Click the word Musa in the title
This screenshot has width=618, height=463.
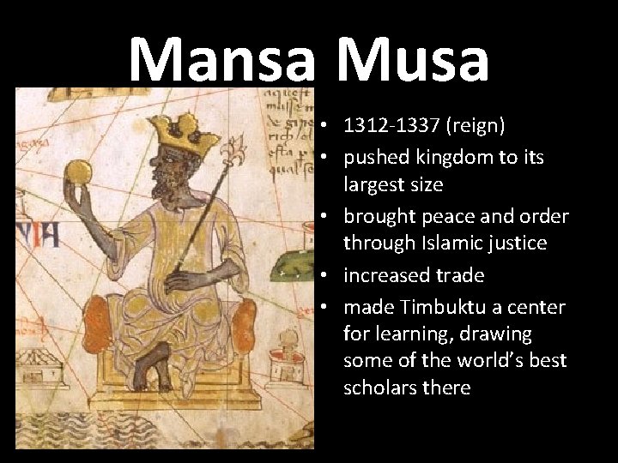tap(414, 60)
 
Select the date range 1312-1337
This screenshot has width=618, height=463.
tap(391, 127)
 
